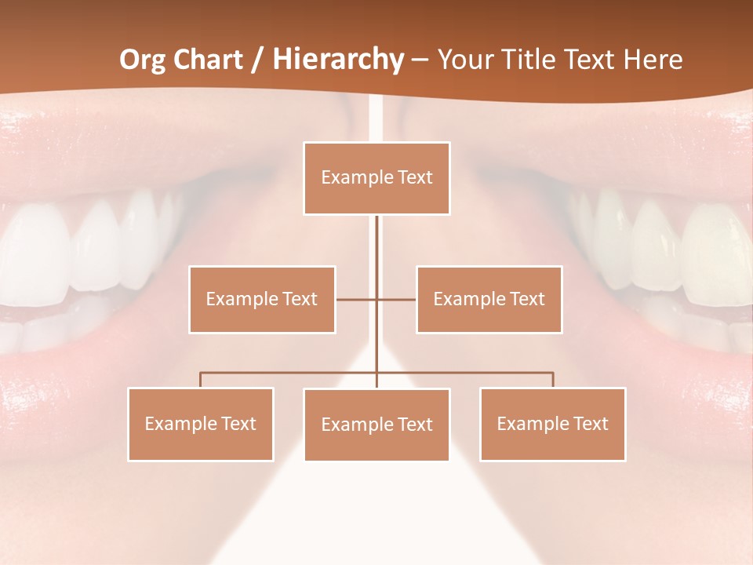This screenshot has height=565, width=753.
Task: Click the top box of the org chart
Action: click(376, 178)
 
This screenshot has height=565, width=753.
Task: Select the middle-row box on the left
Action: click(262, 299)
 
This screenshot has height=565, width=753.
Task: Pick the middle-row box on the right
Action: click(489, 299)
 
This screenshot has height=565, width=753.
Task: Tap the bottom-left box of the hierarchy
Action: click(201, 424)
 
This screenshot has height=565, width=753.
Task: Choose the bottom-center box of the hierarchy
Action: click(376, 425)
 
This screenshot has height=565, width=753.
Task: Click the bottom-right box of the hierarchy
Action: click(552, 424)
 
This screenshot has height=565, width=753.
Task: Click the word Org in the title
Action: click(142, 60)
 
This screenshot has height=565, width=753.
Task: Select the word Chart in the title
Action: click(207, 60)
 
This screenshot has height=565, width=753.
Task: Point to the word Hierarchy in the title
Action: click(338, 60)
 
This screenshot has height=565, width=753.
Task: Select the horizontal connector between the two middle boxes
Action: click(357, 299)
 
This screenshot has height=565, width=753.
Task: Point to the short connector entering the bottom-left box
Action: click(201, 380)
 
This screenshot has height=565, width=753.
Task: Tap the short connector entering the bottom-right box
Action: click(553, 380)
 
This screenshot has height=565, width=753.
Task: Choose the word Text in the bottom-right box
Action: click(590, 424)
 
